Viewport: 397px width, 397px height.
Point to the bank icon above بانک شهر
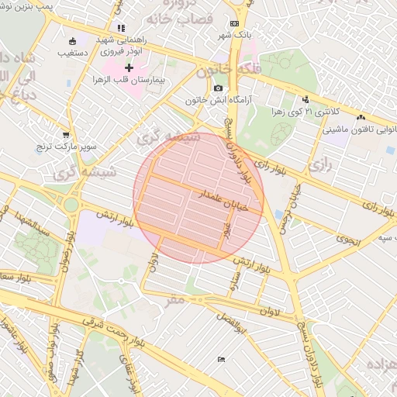(235, 25)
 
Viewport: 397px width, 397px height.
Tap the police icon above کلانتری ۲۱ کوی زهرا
(306, 99)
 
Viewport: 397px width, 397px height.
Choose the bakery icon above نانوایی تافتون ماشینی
(361, 117)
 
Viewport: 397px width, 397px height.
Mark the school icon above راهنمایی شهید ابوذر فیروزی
(121, 28)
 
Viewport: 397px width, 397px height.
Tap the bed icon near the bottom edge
(222, 359)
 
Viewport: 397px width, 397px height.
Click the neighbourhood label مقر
(177, 299)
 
